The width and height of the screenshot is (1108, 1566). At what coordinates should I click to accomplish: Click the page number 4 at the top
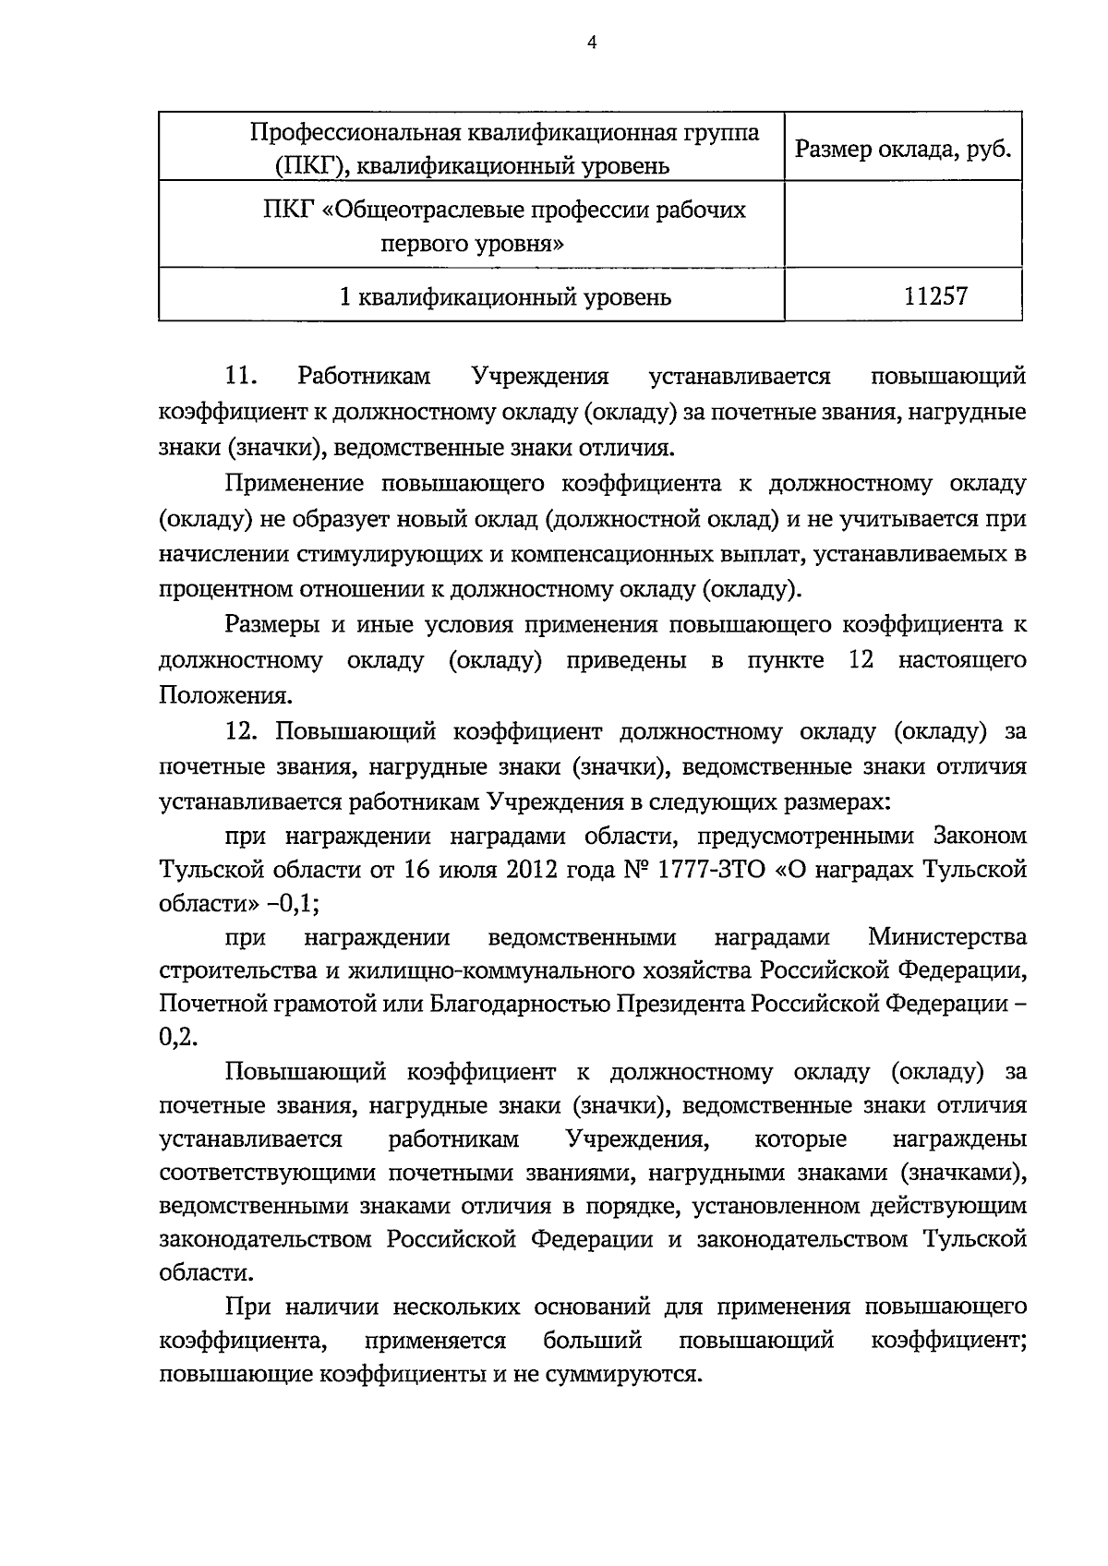tap(592, 42)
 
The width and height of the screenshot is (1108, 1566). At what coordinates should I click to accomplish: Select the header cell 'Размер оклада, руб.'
tap(903, 148)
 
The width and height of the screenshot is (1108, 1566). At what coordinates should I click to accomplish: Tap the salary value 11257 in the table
tap(936, 296)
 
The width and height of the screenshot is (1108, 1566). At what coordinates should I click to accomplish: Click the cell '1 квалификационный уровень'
tap(505, 296)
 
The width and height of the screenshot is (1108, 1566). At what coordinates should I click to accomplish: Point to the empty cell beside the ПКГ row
tap(903, 225)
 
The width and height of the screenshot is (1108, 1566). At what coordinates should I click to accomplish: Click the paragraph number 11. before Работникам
tap(240, 377)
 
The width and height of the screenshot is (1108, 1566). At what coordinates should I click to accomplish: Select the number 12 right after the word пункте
tap(860, 660)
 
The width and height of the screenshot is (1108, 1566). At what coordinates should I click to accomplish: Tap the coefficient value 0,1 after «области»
tap(299, 905)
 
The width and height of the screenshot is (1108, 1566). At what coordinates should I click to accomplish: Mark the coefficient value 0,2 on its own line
tap(178, 1037)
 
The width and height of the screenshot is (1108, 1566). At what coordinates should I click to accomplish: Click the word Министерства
tap(947, 937)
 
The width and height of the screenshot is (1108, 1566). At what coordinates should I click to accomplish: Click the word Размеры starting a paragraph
tap(272, 625)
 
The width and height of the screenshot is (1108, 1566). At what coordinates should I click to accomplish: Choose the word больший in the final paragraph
tap(593, 1341)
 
